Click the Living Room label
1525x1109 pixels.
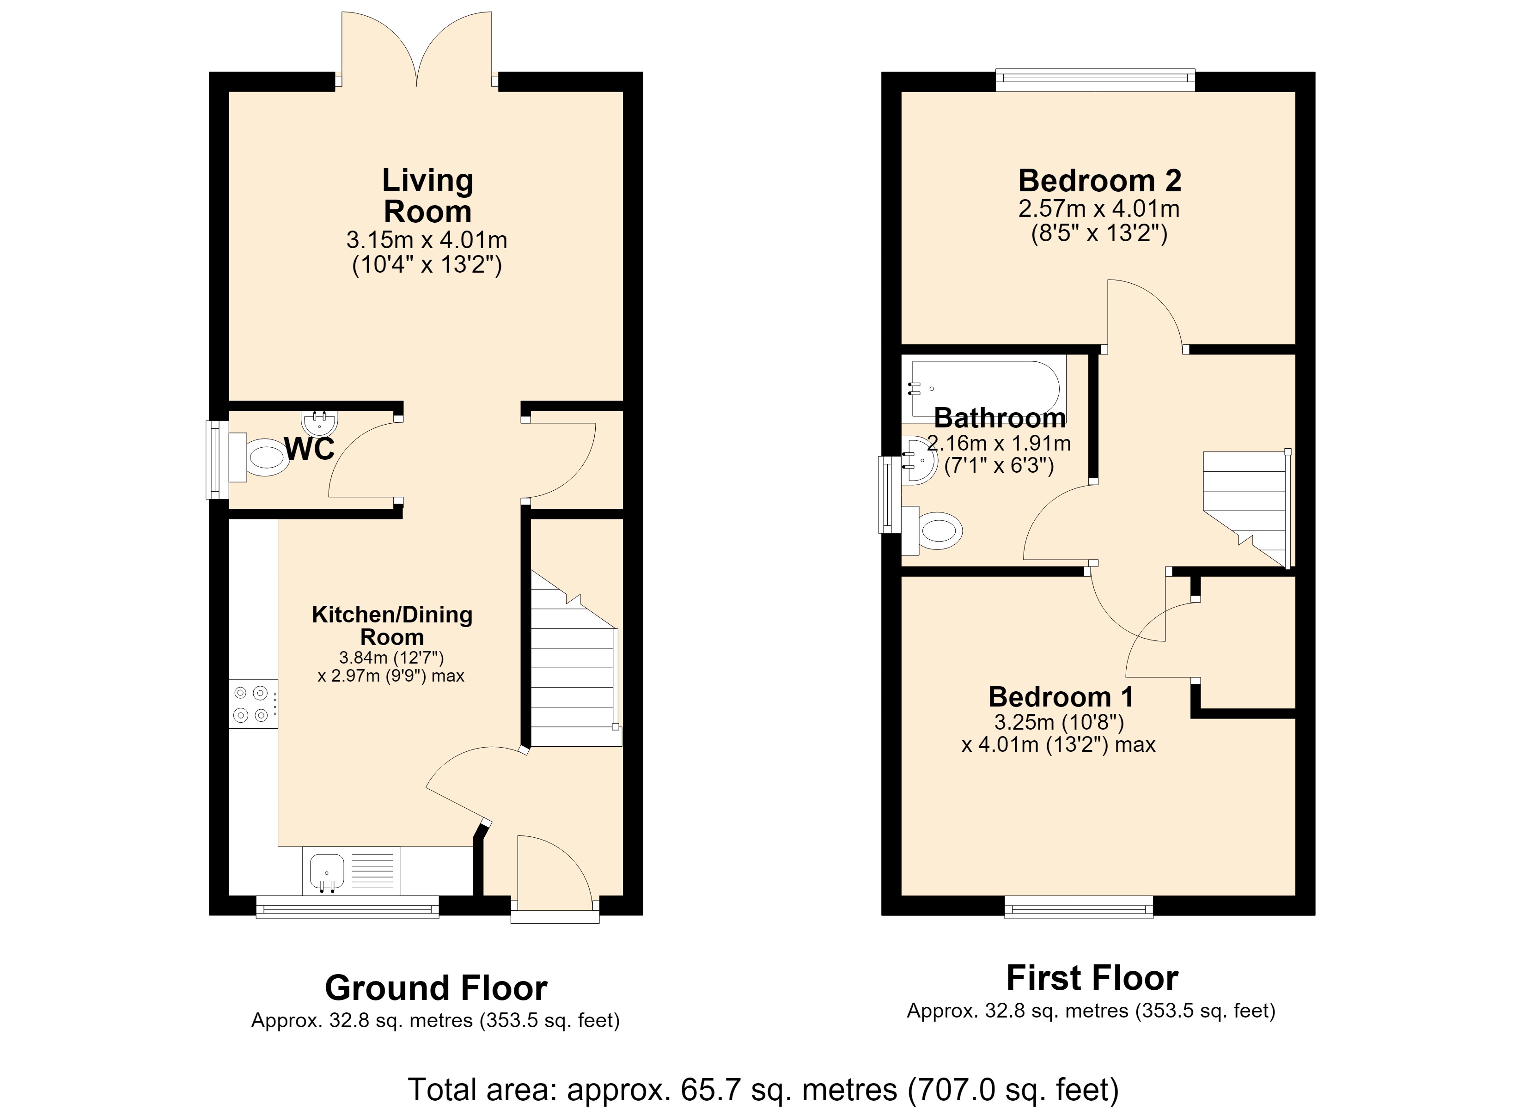(x=427, y=196)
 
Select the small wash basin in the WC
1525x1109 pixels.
(x=319, y=422)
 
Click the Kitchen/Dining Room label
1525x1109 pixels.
(x=392, y=626)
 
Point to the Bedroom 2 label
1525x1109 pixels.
(x=1099, y=180)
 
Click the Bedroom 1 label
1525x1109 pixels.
(x=1061, y=697)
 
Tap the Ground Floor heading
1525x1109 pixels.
(x=436, y=988)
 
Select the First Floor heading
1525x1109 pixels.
(x=1092, y=978)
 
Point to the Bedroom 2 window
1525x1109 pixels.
(x=1095, y=79)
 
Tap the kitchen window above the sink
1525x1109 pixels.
(x=348, y=907)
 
